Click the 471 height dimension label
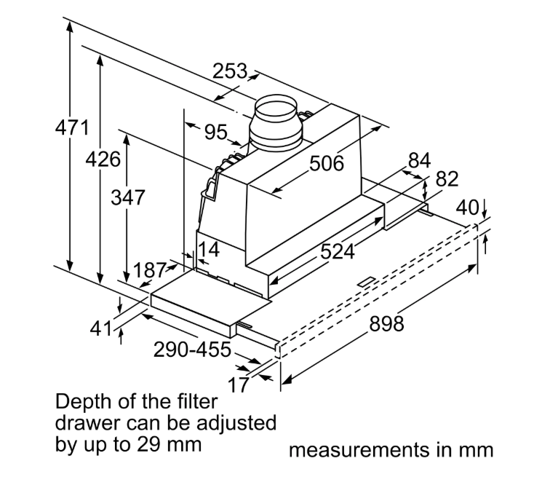72,128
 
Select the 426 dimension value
103,159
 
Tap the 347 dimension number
128,197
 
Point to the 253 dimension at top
230,71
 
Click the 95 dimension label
215,132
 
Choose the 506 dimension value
327,163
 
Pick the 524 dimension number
338,252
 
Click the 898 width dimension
386,323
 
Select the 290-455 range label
192,350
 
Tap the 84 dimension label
420,160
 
